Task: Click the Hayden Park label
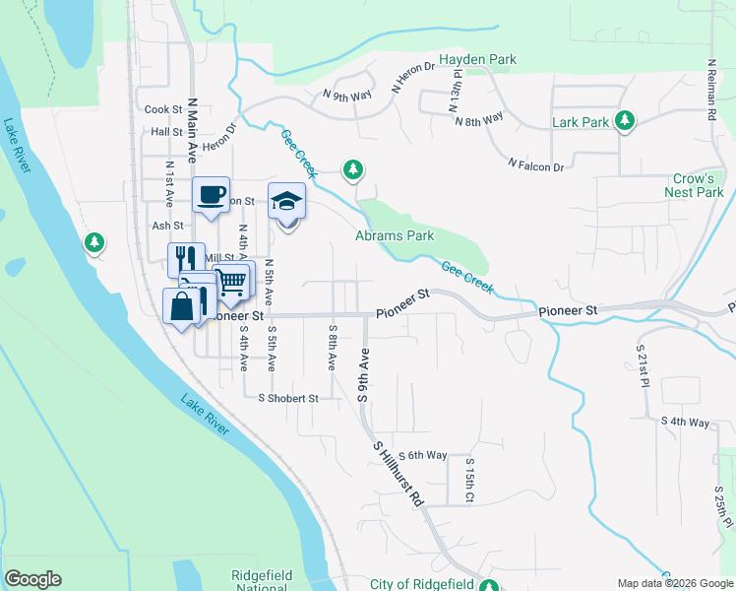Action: pyautogui.click(x=477, y=60)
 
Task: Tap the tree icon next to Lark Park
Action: pyautogui.click(x=624, y=120)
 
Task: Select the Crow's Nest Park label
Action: pyautogui.click(x=699, y=186)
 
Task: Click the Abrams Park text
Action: pyautogui.click(x=395, y=236)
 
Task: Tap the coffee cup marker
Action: pyautogui.click(x=211, y=194)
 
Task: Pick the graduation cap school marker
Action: pyautogui.click(x=286, y=201)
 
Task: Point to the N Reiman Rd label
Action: pyautogui.click(x=710, y=90)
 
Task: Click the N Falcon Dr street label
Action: pyautogui.click(x=536, y=164)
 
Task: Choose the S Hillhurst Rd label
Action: pyautogui.click(x=398, y=474)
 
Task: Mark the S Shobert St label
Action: pyautogui.click(x=288, y=399)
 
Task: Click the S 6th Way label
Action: pyautogui.click(x=421, y=455)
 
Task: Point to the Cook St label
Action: pyautogui.click(x=163, y=110)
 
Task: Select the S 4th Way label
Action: pyautogui.click(x=685, y=422)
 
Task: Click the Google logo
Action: pyautogui.click(x=32, y=579)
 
